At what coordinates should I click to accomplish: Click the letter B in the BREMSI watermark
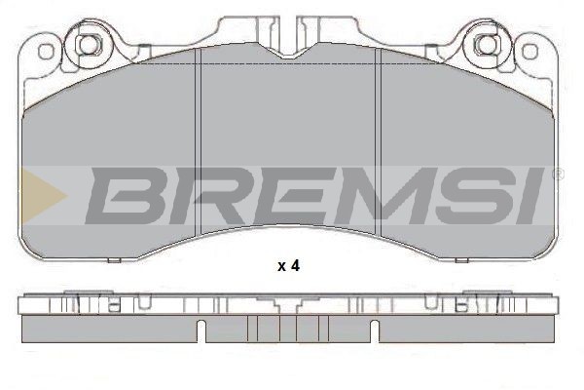(x=125, y=196)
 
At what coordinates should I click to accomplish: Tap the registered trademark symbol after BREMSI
(x=560, y=174)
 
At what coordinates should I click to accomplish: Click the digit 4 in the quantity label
(x=295, y=266)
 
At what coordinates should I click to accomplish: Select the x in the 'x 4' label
(x=281, y=267)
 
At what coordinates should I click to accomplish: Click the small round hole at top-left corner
(x=46, y=51)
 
